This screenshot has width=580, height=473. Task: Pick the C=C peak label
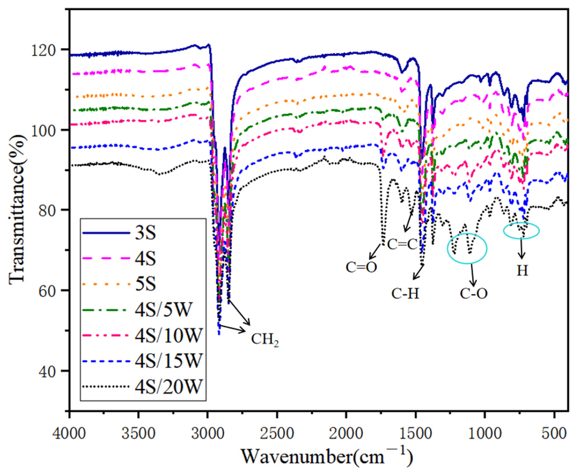point(402,244)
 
